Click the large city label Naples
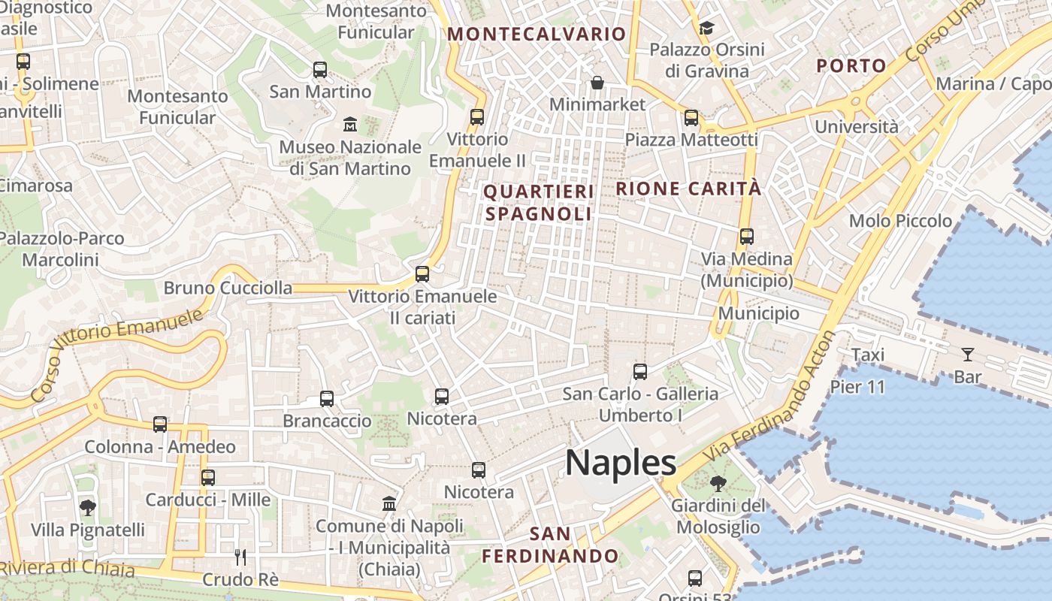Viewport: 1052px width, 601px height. tap(621, 463)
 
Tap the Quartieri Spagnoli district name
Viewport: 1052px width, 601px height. tap(539, 203)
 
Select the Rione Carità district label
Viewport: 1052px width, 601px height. tap(688, 189)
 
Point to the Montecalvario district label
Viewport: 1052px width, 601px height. tap(537, 34)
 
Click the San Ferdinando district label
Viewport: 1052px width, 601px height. tap(550, 545)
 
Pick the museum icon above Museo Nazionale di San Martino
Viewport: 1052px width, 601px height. tap(350, 124)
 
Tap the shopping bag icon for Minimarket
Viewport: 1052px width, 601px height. tap(597, 82)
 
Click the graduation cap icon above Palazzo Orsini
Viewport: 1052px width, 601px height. tap(706, 29)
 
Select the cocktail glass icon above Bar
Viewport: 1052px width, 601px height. tap(967, 354)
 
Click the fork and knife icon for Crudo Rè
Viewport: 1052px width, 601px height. tap(240, 557)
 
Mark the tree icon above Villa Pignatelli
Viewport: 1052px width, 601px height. tap(88, 508)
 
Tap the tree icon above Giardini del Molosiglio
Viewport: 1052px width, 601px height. tap(719, 483)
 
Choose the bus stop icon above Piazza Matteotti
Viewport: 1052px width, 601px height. tap(691, 118)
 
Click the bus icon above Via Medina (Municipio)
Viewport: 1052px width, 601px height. tap(747, 237)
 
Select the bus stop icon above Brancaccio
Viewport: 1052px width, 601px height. tap(327, 399)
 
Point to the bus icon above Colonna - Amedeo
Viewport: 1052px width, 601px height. tap(160, 424)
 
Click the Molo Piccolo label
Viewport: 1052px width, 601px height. tap(900, 221)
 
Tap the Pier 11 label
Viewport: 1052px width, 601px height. tap(857, 388)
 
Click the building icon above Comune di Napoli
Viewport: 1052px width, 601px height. tap(389, 503)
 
